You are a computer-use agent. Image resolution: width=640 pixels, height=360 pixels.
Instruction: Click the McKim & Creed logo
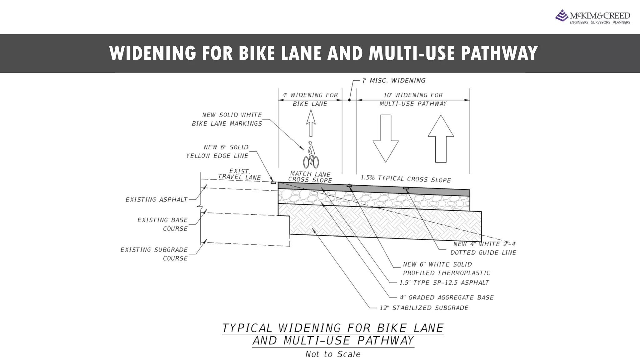tap(592, 17)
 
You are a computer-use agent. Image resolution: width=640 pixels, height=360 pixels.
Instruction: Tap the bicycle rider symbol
tap(311, 155)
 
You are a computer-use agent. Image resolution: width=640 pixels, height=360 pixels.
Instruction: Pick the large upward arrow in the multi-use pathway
tap(441, 138)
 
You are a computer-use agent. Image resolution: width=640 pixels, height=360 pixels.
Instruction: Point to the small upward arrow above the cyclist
tap(311, 123)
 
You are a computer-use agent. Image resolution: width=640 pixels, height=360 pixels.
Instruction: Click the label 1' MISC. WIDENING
tap(394, 81)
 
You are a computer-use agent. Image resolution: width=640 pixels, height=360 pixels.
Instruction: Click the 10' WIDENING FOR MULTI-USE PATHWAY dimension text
tap(413, 99)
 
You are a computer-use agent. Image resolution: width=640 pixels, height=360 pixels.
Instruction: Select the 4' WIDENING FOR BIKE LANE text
tap(310, 99)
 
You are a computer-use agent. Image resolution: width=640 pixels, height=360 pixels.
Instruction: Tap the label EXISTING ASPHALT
tap(156, 200)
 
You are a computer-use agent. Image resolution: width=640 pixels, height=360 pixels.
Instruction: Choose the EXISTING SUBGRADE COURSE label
tap(154, 254)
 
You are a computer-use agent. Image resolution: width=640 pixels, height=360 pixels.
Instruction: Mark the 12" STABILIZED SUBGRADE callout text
tap(424, 308)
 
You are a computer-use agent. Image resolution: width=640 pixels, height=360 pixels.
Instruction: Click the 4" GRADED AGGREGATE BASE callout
tap(447, 297)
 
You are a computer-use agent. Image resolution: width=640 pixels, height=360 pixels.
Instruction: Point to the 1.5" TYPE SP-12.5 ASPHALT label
tap(444, 283)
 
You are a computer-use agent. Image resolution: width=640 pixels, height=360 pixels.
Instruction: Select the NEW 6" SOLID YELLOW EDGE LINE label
tap(217, 152)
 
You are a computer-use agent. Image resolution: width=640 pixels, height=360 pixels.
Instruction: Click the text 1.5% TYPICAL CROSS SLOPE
tap(406, 179)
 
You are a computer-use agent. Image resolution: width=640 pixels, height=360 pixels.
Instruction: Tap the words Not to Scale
tap(333, 354)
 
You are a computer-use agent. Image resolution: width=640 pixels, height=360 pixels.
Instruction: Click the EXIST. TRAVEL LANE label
tap(239, 174)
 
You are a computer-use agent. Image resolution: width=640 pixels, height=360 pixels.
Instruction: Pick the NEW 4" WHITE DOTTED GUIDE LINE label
tap(483, 248)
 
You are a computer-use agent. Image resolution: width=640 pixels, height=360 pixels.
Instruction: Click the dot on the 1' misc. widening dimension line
tap(349, 100)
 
